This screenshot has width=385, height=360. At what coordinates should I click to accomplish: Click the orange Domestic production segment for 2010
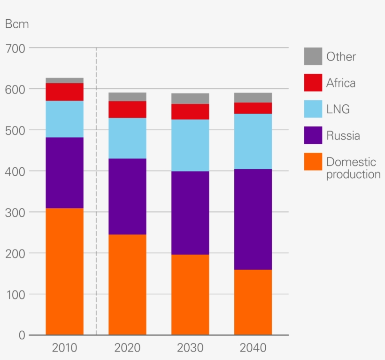coord(64,271)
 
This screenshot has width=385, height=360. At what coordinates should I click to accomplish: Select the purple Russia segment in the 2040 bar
coord(253,219)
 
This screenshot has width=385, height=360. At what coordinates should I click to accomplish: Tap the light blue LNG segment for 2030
coord(190,145)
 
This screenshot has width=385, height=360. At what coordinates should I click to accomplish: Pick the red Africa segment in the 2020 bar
coord(127,109)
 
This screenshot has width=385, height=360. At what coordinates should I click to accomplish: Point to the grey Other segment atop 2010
coord(64,80)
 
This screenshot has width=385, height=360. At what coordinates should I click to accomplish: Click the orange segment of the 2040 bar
coord(253,302)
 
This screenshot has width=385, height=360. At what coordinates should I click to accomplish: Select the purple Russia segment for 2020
coord(127,196)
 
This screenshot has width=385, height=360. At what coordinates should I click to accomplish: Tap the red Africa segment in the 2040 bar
coord(253,108)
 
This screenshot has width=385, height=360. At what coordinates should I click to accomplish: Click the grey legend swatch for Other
coord(313,56)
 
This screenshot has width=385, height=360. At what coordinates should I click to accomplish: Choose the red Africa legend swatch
coord(313,83)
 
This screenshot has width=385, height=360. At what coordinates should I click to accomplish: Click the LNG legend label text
coord(338,110)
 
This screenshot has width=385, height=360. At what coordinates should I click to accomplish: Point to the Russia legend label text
coord(343,136)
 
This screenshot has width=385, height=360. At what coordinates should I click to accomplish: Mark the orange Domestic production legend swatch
coord(313,162)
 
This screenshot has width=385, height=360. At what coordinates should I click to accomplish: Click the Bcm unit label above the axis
coord(17,24)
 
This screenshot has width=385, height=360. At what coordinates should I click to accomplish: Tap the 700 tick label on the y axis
coord(16,48)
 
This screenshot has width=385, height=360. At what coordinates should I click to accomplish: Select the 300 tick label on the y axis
coord(16,212)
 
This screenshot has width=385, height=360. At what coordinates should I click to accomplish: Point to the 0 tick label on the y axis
coord(22,335)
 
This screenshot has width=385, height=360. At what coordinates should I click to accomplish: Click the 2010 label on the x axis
coord(64,348)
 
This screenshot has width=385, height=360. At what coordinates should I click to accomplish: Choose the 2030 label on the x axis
coord(190,348)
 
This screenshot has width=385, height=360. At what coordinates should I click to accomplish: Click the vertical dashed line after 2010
coord(96,188)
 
